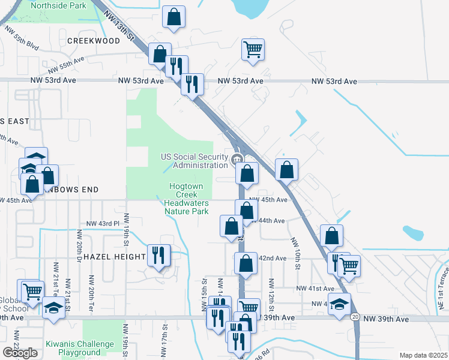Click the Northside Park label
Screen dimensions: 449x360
[58, 6]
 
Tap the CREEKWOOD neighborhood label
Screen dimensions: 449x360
[94, 41]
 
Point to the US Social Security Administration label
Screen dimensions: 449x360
[194, 161]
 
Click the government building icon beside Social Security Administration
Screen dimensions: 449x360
[238, 160]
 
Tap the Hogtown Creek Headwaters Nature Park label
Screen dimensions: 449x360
[186, 199]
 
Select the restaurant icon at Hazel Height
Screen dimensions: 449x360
[160, 255]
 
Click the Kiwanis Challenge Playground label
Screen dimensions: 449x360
[80, 348]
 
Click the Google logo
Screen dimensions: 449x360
[20, 353]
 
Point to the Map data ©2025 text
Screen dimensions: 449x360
[423, 355]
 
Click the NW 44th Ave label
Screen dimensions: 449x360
[270, 221]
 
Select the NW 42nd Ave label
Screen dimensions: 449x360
[271, 258]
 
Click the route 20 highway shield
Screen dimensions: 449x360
[355, 316]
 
